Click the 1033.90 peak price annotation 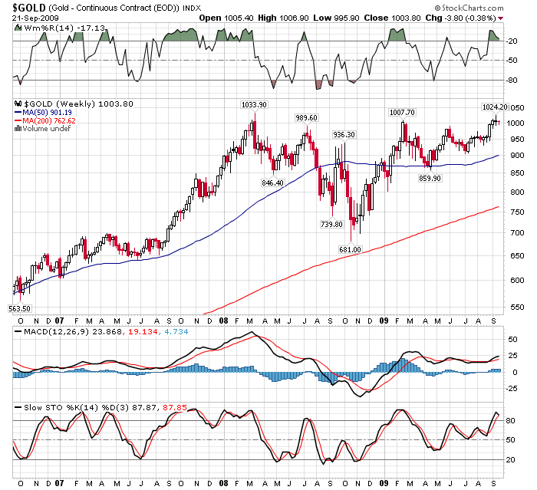pos(254,104)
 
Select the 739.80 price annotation pos(331,224)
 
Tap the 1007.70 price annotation pos(402,113)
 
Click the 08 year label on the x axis pos(223,323)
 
